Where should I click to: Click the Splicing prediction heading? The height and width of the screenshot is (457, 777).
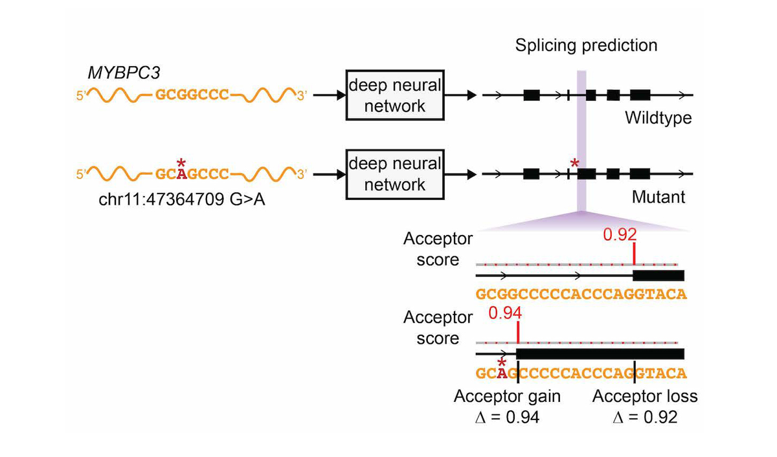pos(586,45)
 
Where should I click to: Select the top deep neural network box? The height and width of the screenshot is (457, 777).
pos(394,95)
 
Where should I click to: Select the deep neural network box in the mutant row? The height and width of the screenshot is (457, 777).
pos(394,173)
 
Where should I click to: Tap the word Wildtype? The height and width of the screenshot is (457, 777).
pos(658,118)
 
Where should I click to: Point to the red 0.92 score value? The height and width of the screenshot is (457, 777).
pos(620,234)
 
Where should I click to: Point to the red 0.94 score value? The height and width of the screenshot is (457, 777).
pos(505,313)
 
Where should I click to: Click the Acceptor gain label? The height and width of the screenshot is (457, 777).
pos(507,396)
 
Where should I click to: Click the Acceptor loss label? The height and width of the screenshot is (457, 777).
pos(645,396)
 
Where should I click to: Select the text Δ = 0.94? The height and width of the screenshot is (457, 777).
pos(507,418)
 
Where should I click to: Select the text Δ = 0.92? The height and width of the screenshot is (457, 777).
pos(645,418)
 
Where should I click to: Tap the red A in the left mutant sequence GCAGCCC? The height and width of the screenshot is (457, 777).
pos(182,174)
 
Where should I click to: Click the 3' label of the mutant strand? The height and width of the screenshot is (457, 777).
pos(302,174)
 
